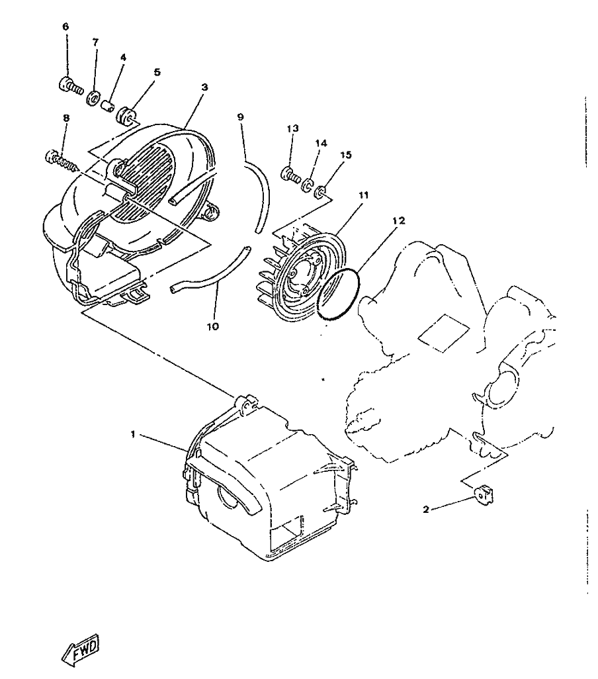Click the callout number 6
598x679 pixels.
pyautogui.click(x=65, y=27)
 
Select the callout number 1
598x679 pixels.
pyautogui.click(x=133, y=434)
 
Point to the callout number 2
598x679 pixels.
pyautogui.click(x=426, y=510)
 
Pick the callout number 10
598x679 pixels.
pyautogui.click(x=213, y=326)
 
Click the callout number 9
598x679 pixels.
pyautogui.click(x=241, y=117)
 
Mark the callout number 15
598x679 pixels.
pyautogui.click(x=345, y=155)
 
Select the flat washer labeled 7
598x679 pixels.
pyautogui.click(x=93, y=99)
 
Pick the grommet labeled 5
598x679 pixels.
pyautogui.click(x=126, y=116)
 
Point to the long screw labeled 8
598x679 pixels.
pyautogui.click(x=62, y=160)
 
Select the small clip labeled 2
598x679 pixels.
pyautogui.click(x=484, y=494)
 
